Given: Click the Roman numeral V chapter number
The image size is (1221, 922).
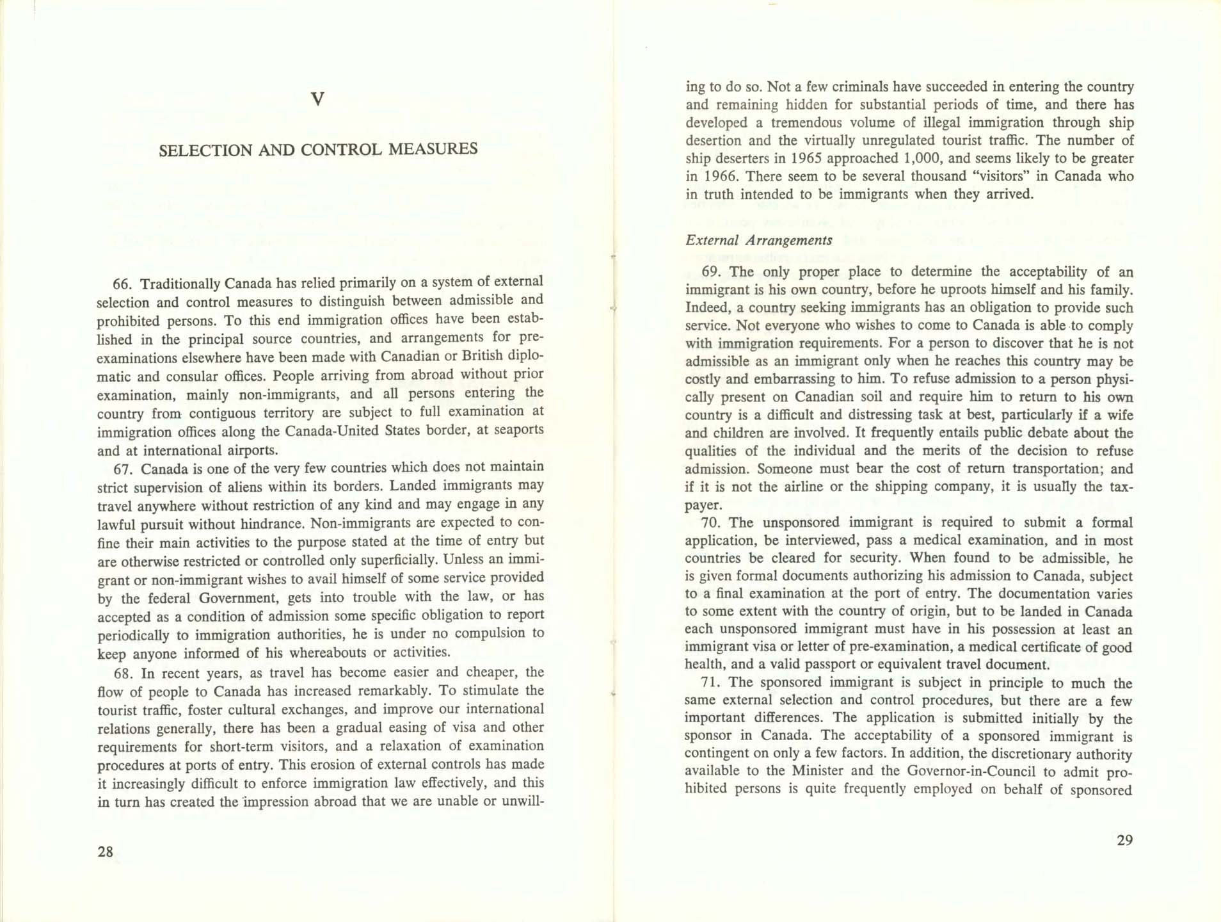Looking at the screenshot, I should (317, 99).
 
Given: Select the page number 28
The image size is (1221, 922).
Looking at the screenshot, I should (106, 852).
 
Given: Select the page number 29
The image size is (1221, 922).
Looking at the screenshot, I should (1124, 841).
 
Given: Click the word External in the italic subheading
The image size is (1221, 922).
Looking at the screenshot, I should (712, 241).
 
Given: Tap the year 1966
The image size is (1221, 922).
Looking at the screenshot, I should (720, 177).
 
